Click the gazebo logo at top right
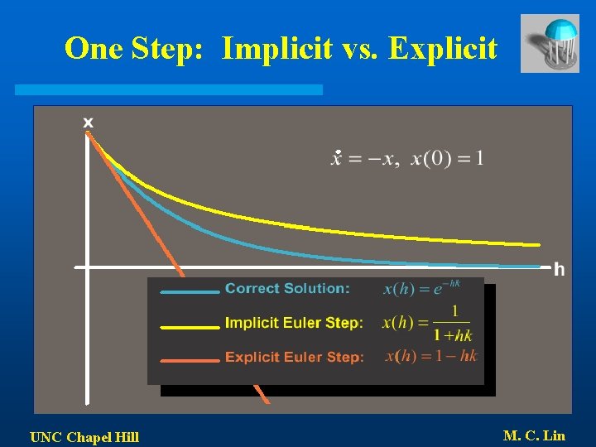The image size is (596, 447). pos(550,43)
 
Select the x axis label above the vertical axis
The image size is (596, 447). pos(88,122)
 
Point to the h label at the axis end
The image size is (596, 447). pos(560,269)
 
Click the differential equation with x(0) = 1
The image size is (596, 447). pos(407,158)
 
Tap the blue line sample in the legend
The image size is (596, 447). pos(190,291)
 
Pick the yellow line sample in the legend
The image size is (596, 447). pos(190,326)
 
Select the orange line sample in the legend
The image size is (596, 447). pos(190,360)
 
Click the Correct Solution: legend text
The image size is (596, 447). pos(287,289)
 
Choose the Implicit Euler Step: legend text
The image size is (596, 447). pos(294,323)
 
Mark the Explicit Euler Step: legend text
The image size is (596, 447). pos(294,358)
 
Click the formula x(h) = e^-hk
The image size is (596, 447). pos(421,288)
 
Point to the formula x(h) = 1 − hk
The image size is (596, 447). pos(431,356)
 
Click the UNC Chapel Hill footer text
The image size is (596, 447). pos(84,437)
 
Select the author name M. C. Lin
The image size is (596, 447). pos(534,435)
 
